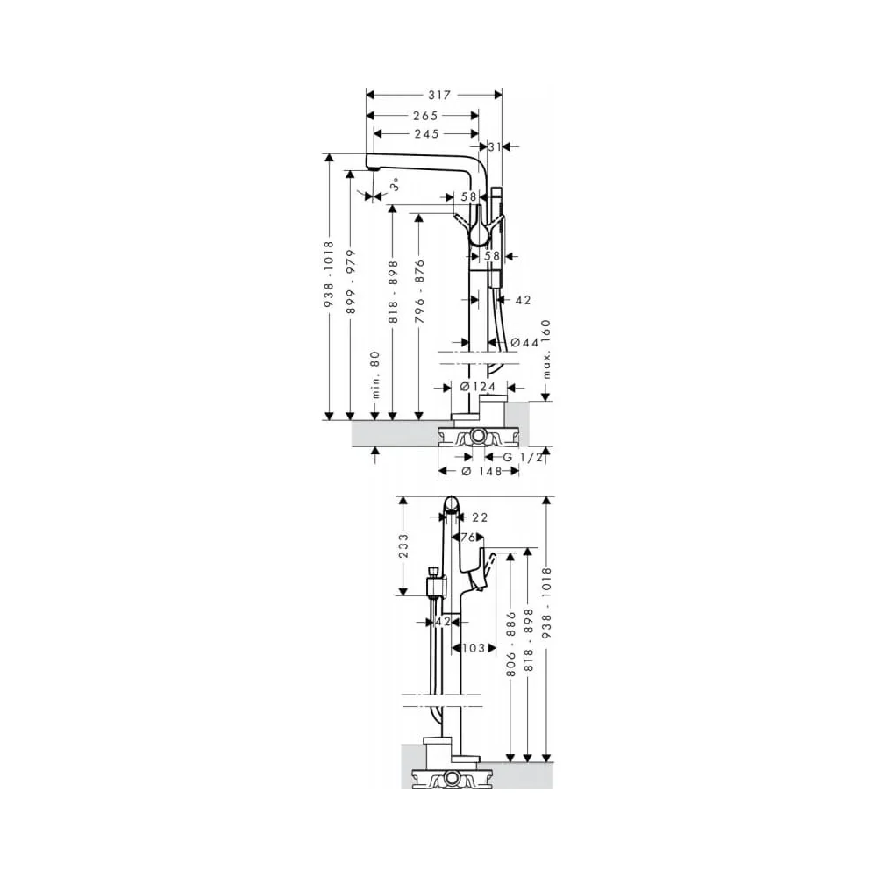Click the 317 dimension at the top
(x=439, y=95)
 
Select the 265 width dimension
(x=425, y=116)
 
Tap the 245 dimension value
(x=427, y=133)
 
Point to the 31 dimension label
(x=495, y=146)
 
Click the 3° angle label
(x=395, y=184)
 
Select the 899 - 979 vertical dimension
(x=351, y=282)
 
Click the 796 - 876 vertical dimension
(x=420, y=291)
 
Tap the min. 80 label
(x=375, y=374)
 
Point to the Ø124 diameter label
(x=478, y=387)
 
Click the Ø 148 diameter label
(x=481, y=472)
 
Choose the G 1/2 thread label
(x=523, y=458)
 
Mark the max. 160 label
(x=545, y=349)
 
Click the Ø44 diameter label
(x=524, y=342)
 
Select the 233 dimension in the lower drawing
(x=403, y=545)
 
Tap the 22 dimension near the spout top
(x=480, y=518)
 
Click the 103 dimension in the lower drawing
(x=474, y=648)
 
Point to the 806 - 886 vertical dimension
(x=510, y=645)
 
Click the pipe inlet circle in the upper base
(x=478, y=435)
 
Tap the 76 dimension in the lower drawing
(x=468, y=538)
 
